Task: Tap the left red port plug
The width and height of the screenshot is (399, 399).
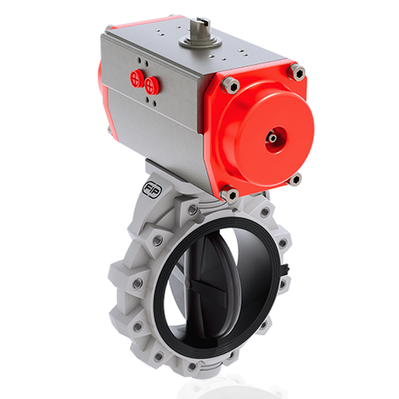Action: tap(137, 78)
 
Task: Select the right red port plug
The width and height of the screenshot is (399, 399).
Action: tap(152, 83)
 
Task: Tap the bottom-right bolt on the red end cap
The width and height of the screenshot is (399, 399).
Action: tap(295, 179)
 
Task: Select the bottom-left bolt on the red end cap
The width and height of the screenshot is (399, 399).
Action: tap(230, 195)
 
